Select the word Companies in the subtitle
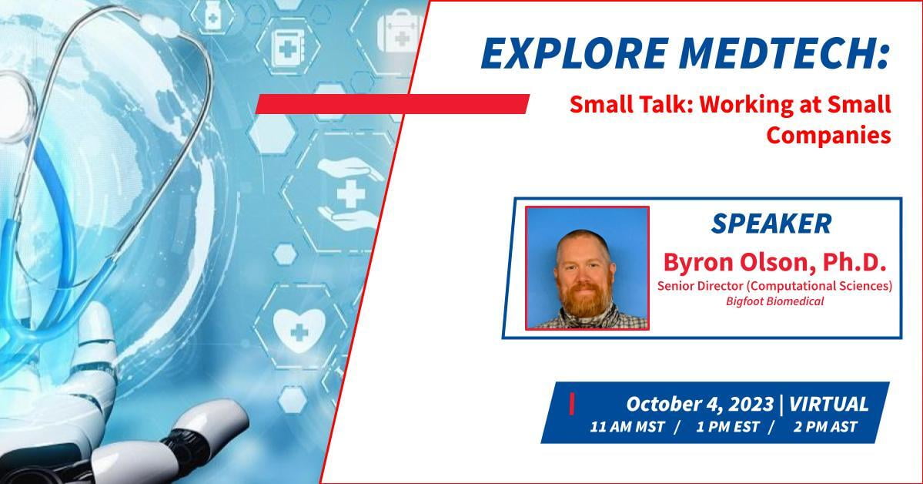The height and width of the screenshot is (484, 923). pos(828,135)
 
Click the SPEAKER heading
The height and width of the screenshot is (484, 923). pos(771,224)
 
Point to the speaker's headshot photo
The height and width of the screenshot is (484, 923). pos(587,267)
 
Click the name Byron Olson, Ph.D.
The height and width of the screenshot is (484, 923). pos(774,262)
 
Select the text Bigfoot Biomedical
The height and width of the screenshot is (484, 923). pos(774,301)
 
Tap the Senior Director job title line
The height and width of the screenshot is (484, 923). pos(774,286)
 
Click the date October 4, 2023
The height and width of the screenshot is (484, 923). pos(699,405)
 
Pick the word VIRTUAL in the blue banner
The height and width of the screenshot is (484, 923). pos(828,405)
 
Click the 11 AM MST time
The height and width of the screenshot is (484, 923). pos(627,427)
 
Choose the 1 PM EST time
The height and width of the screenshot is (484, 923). pos(727,427)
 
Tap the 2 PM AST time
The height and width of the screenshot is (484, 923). pos(825,427)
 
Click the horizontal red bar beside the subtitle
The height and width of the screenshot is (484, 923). pos(392,104)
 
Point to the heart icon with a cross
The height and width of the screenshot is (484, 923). pos(299,331)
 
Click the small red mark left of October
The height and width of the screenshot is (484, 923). pos(571,404)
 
